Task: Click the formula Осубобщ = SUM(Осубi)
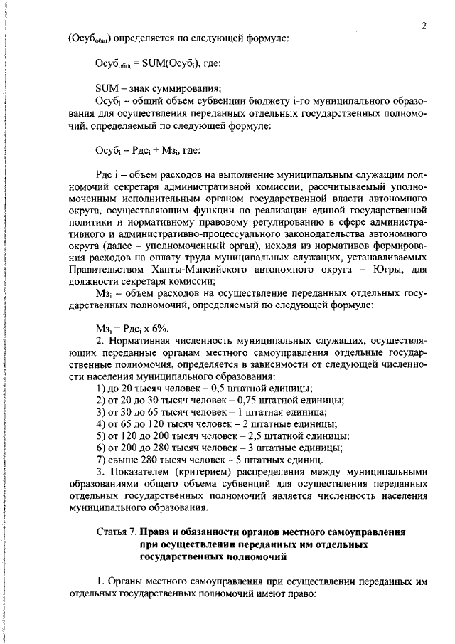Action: (159, 63)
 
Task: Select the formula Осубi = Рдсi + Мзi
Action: (148, 150)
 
